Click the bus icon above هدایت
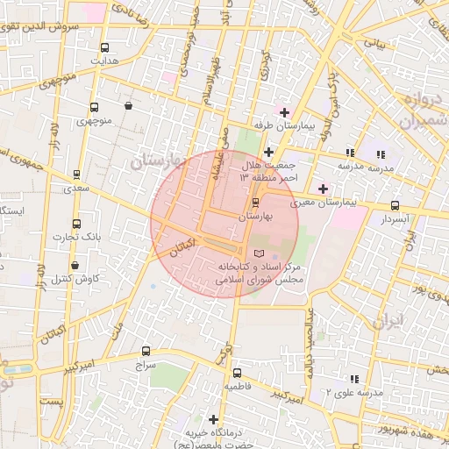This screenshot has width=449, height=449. click(x=105, y=48)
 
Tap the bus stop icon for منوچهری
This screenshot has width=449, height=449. click(x=94, y=107)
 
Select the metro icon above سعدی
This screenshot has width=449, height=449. click(x=76, y=174)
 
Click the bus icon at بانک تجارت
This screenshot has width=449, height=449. click(x=76, y=224)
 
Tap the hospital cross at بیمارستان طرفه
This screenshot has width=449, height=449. click(x=283, y=112)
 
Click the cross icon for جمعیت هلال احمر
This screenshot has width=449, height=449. click(x=268, y=152)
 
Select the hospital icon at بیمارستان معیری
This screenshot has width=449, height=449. click(x=323, y=189)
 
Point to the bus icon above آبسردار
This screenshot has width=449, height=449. click(x=394, y=206)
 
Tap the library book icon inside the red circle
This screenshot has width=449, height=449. click(x=258, y=253)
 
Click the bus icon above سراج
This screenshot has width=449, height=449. click(x=146, y=351)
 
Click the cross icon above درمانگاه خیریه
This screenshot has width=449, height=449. click(x=212, y=419)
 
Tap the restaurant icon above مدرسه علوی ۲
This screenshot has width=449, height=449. click(x=354, y=379)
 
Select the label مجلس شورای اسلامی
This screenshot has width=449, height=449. click(x=259, y=280)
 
